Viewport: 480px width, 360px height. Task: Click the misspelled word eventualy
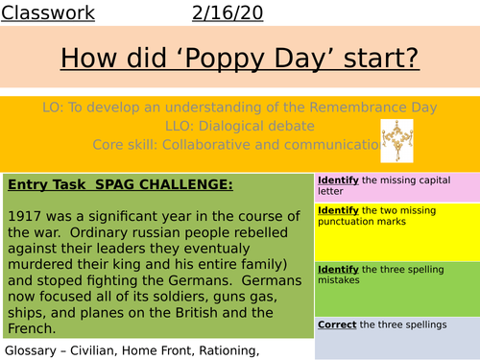pyautogui.click(x=216, y=252)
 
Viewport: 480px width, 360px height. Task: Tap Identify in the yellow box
pyautogui.click(x=338, y=210)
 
